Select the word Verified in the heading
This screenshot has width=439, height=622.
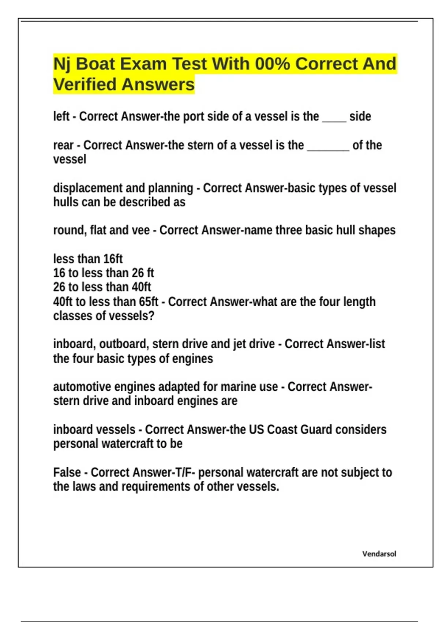[x=85, y=85]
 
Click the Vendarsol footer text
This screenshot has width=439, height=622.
[x=379, y=554]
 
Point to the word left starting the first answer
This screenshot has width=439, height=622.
[x=61, y=116]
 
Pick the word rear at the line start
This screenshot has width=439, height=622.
[x=63, y=145]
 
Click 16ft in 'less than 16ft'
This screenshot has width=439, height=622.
[x=113, y=259]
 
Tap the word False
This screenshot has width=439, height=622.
[x=67, y=472]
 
